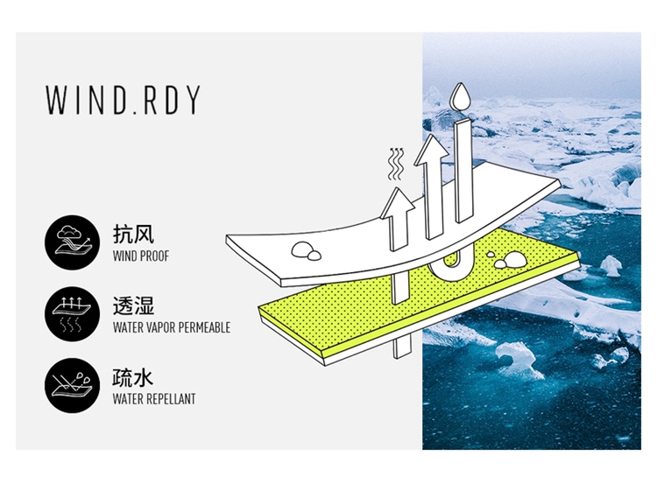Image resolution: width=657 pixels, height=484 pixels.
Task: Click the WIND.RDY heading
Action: coord(123,100)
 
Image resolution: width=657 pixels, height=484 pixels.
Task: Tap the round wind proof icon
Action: coord(69,242)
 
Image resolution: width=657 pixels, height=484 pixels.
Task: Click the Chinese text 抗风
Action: coord(133,235)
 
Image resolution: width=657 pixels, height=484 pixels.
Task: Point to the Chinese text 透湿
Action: coord(133,306)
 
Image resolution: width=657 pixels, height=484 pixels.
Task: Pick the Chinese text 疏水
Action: coord(133,378)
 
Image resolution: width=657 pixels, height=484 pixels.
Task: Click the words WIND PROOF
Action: coord(141,256)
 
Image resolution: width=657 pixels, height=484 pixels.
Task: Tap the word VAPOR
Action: coord(167,328)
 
